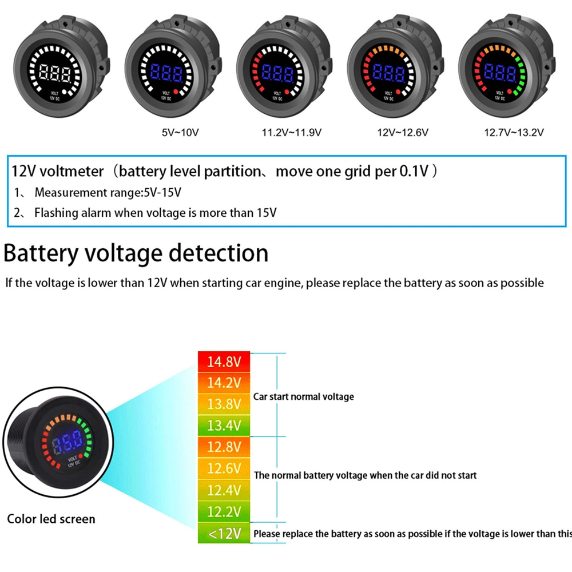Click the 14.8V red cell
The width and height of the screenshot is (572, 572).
(224, 362)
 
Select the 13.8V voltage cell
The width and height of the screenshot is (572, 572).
(224, 404)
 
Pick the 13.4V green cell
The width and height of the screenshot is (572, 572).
(224, 426)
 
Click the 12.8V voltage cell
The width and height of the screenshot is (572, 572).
(224, 447)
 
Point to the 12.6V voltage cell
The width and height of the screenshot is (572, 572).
(224, 468)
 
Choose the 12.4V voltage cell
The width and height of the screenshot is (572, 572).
(224, 490)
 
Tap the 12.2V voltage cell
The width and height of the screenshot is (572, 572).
(224, 511)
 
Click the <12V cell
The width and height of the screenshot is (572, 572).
(224, 534)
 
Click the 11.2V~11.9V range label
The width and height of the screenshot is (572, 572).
(291, 133)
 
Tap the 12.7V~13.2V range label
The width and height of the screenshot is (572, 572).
(513, 133)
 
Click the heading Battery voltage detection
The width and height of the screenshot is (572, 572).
(136, 253)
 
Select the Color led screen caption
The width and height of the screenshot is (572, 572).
(51, 519)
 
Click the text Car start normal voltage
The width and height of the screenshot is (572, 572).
(304, 396)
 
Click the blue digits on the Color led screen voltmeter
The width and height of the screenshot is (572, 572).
(68, 442)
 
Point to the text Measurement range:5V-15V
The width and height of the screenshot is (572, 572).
(108, 193)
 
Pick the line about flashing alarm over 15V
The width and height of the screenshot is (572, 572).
(155, 213)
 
